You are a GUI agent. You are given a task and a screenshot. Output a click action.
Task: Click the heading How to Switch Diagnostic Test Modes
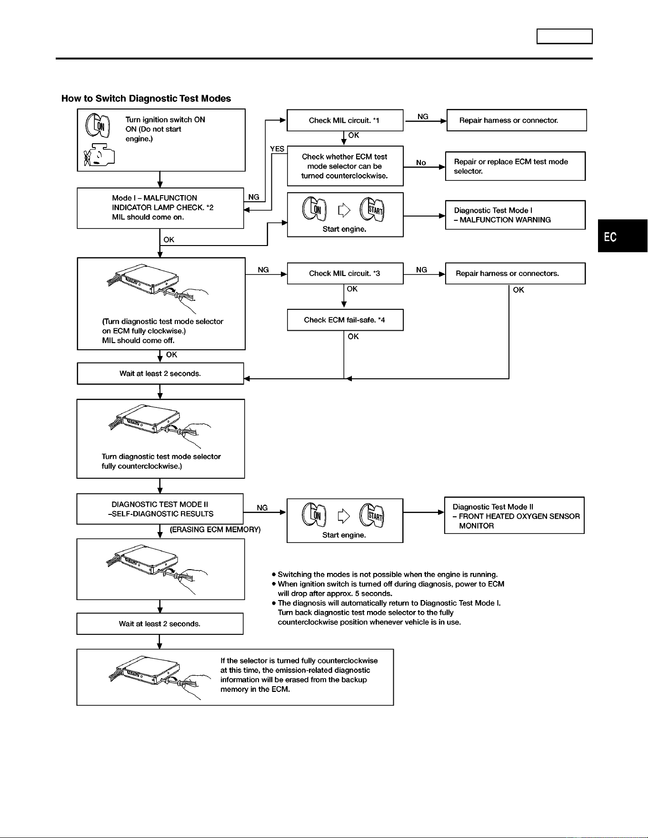[x=146, y=99]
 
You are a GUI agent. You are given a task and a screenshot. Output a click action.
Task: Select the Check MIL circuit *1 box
[x=345, y=120]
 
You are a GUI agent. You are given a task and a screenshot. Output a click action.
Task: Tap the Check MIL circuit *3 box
[x=345, y=274]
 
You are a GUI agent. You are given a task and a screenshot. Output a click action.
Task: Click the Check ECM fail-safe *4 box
[x=345, y=320]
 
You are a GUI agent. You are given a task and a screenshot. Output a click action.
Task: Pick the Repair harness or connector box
[x=517, y=120]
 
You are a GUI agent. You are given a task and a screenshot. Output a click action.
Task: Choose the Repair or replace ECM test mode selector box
[x=515, y=166]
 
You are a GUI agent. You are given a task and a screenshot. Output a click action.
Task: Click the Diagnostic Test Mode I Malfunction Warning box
[x=515, y=215]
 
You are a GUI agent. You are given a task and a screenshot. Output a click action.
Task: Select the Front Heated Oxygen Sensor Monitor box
[x=514, y=516]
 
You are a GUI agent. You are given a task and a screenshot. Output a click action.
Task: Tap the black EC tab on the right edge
[x=623, y=236]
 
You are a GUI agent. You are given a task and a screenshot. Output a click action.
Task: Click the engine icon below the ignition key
[x=99, y=155]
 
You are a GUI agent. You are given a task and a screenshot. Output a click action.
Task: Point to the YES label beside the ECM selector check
[x=277, y=149]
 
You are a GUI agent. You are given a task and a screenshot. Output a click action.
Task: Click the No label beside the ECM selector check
[x=421, y=163]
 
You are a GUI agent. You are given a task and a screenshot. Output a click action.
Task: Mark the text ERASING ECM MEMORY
[x=215, y=530]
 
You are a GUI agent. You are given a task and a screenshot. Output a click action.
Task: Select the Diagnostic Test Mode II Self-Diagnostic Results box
[x=160, y=509]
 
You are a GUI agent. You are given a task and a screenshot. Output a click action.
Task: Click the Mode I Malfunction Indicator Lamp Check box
[x=160, y=208]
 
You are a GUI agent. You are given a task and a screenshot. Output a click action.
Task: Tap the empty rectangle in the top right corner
[x=565, y=37]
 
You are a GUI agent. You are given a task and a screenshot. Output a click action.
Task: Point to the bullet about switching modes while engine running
[x=385, y=574]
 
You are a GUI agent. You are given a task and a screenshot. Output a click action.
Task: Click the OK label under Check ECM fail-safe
[x=353, y=336]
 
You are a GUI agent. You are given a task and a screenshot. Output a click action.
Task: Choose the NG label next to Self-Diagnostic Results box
[x=262, y=508]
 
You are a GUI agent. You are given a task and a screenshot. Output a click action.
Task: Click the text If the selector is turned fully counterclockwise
[x=299, y=661]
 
